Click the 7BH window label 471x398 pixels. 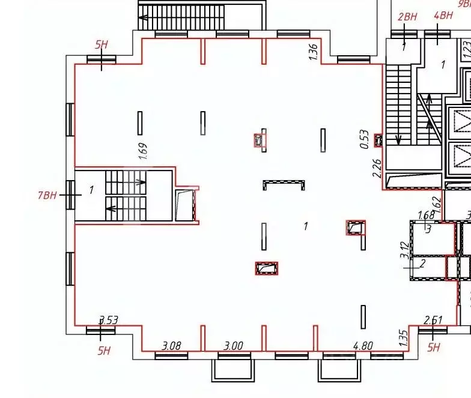[47, 194]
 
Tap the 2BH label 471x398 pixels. [407, 16]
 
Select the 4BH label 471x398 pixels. [443, 16]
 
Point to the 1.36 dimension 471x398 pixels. [312, 52]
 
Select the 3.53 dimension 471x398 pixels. [108, 321]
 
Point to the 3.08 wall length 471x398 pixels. [172, 346]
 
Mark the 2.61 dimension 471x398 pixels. [433, 321]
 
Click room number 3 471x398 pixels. [428, 229]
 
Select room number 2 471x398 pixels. [422, 263]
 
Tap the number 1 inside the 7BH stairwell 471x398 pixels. [91, 190]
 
